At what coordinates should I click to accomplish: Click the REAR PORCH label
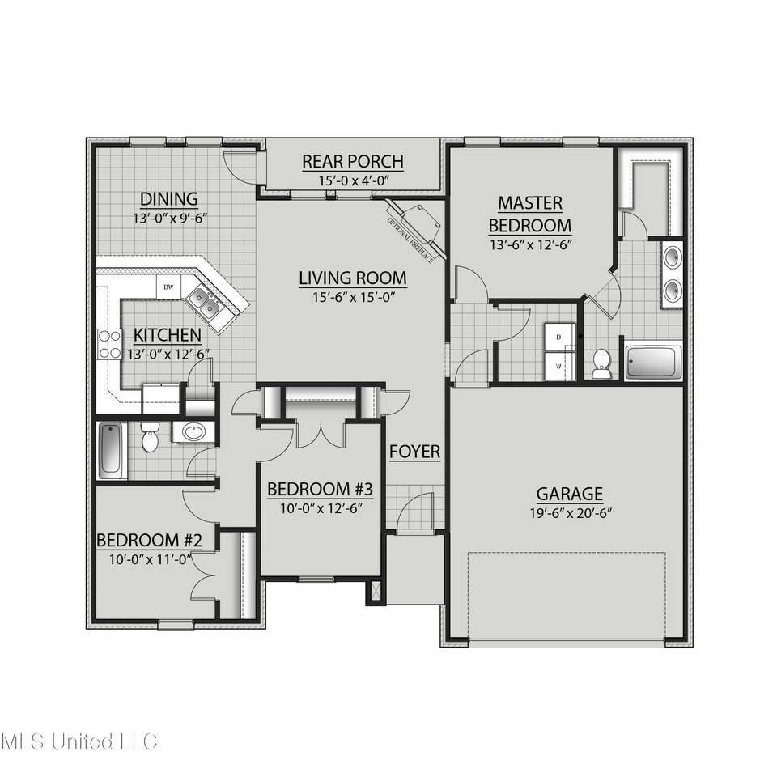tap(353, 162)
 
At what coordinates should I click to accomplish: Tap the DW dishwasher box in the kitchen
tap(169, 287)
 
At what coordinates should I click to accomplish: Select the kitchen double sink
tap(204, 304)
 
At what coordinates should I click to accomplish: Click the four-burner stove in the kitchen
tap(109, 345)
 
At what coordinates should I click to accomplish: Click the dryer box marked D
tap(559, 338)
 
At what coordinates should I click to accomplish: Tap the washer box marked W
tap(559, 366)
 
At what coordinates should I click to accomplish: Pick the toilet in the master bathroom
tap(601, 363)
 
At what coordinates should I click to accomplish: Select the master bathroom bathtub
tap(653, 363)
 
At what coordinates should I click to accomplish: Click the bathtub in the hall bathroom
tap(111, 451)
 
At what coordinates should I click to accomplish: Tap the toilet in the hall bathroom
tap(149, 436)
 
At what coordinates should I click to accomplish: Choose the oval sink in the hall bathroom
tap(193, 432)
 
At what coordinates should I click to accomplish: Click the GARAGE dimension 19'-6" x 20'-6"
tap(571, 513)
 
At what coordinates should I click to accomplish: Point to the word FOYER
tap(414, 452)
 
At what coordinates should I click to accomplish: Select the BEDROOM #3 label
tap(321, 490)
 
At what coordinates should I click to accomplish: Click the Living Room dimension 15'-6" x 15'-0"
tap(354, 297)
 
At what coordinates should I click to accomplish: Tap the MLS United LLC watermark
tap(79, 742)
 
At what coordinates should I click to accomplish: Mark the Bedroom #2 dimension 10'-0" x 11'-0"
tap(151, 560)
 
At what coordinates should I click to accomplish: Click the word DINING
tap(169, 199)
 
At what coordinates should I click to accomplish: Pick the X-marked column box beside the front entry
tap(375, 592)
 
